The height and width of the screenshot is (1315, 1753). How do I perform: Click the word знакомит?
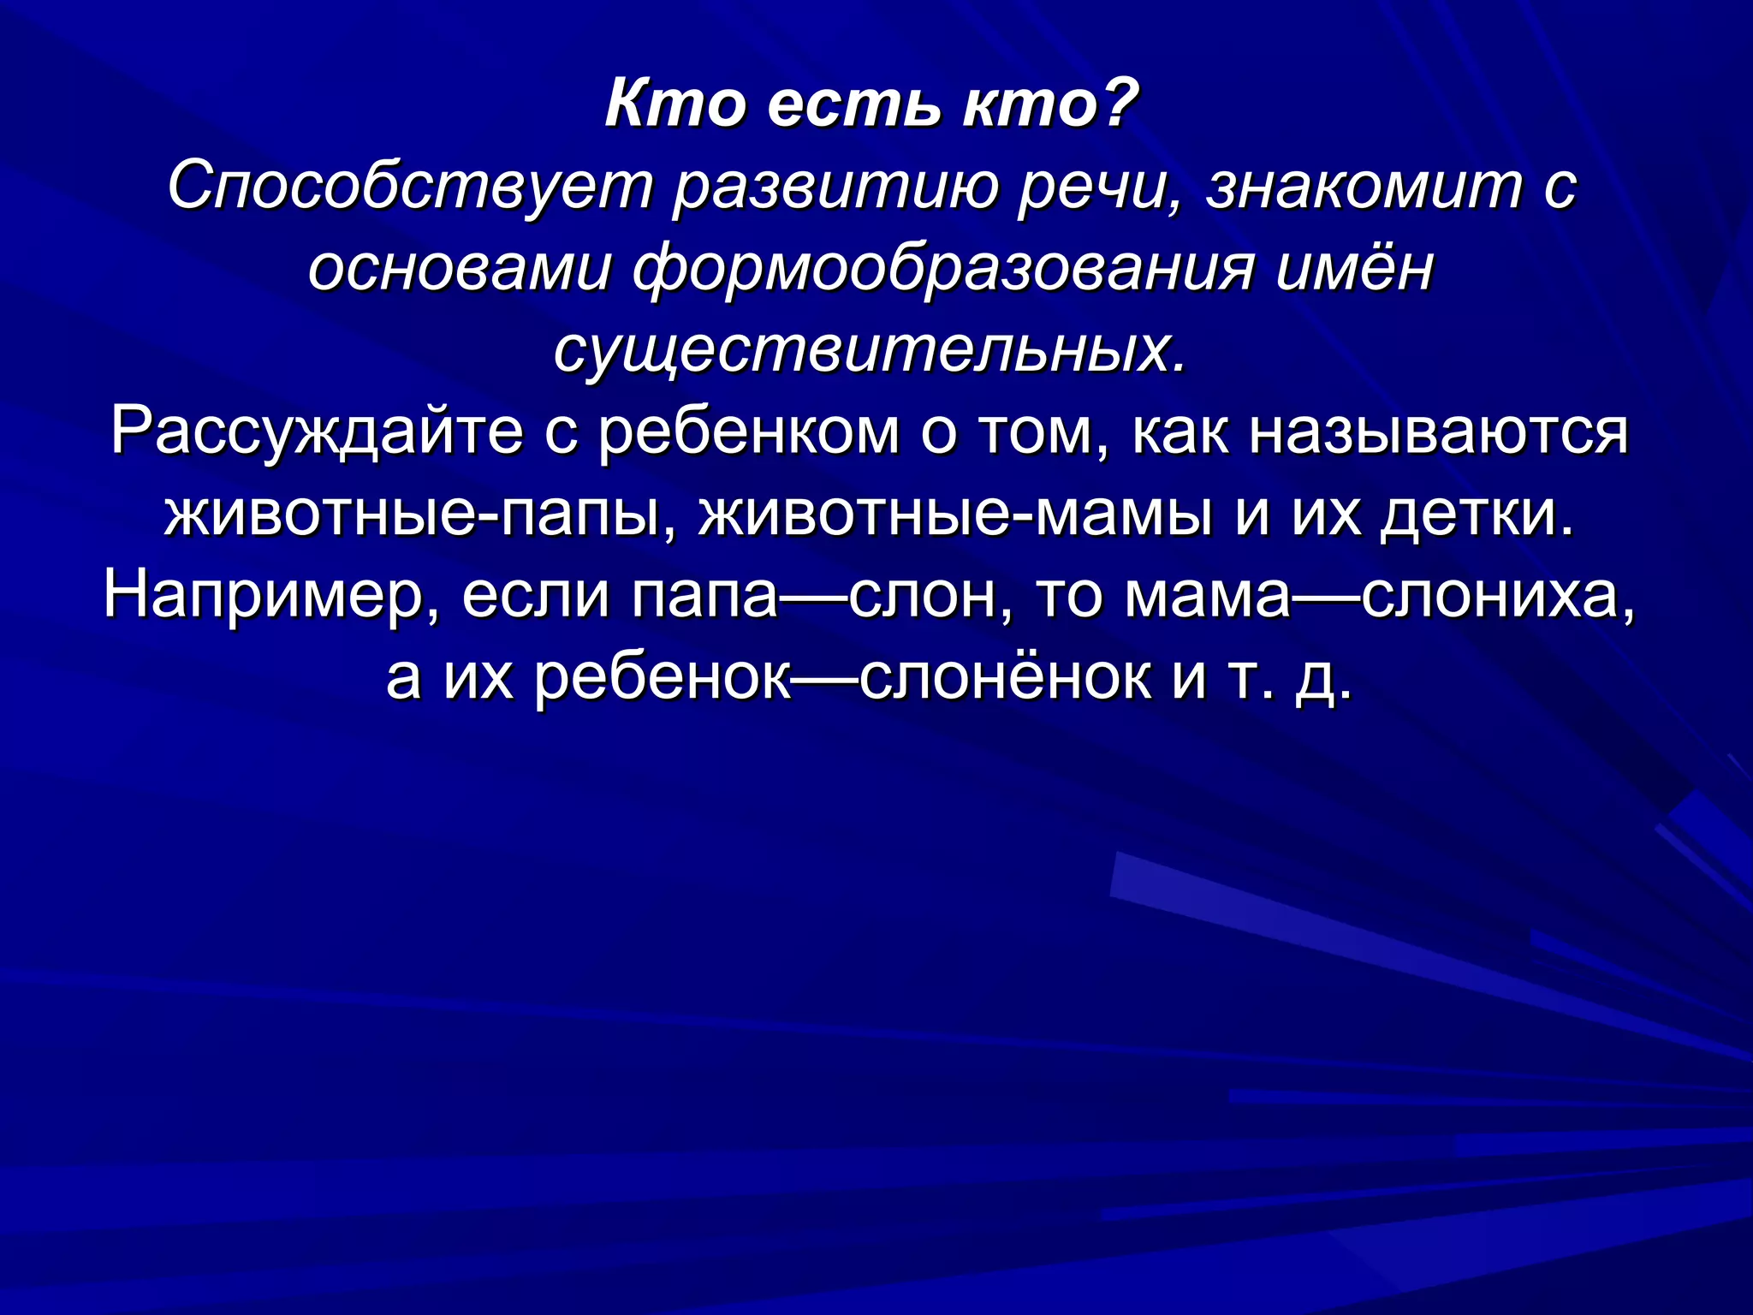(1364, 187)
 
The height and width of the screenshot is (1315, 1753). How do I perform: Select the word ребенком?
(749, 431)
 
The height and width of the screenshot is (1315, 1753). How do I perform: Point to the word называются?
(1438, 431)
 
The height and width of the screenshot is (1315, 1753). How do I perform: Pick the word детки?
(1476, 514)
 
